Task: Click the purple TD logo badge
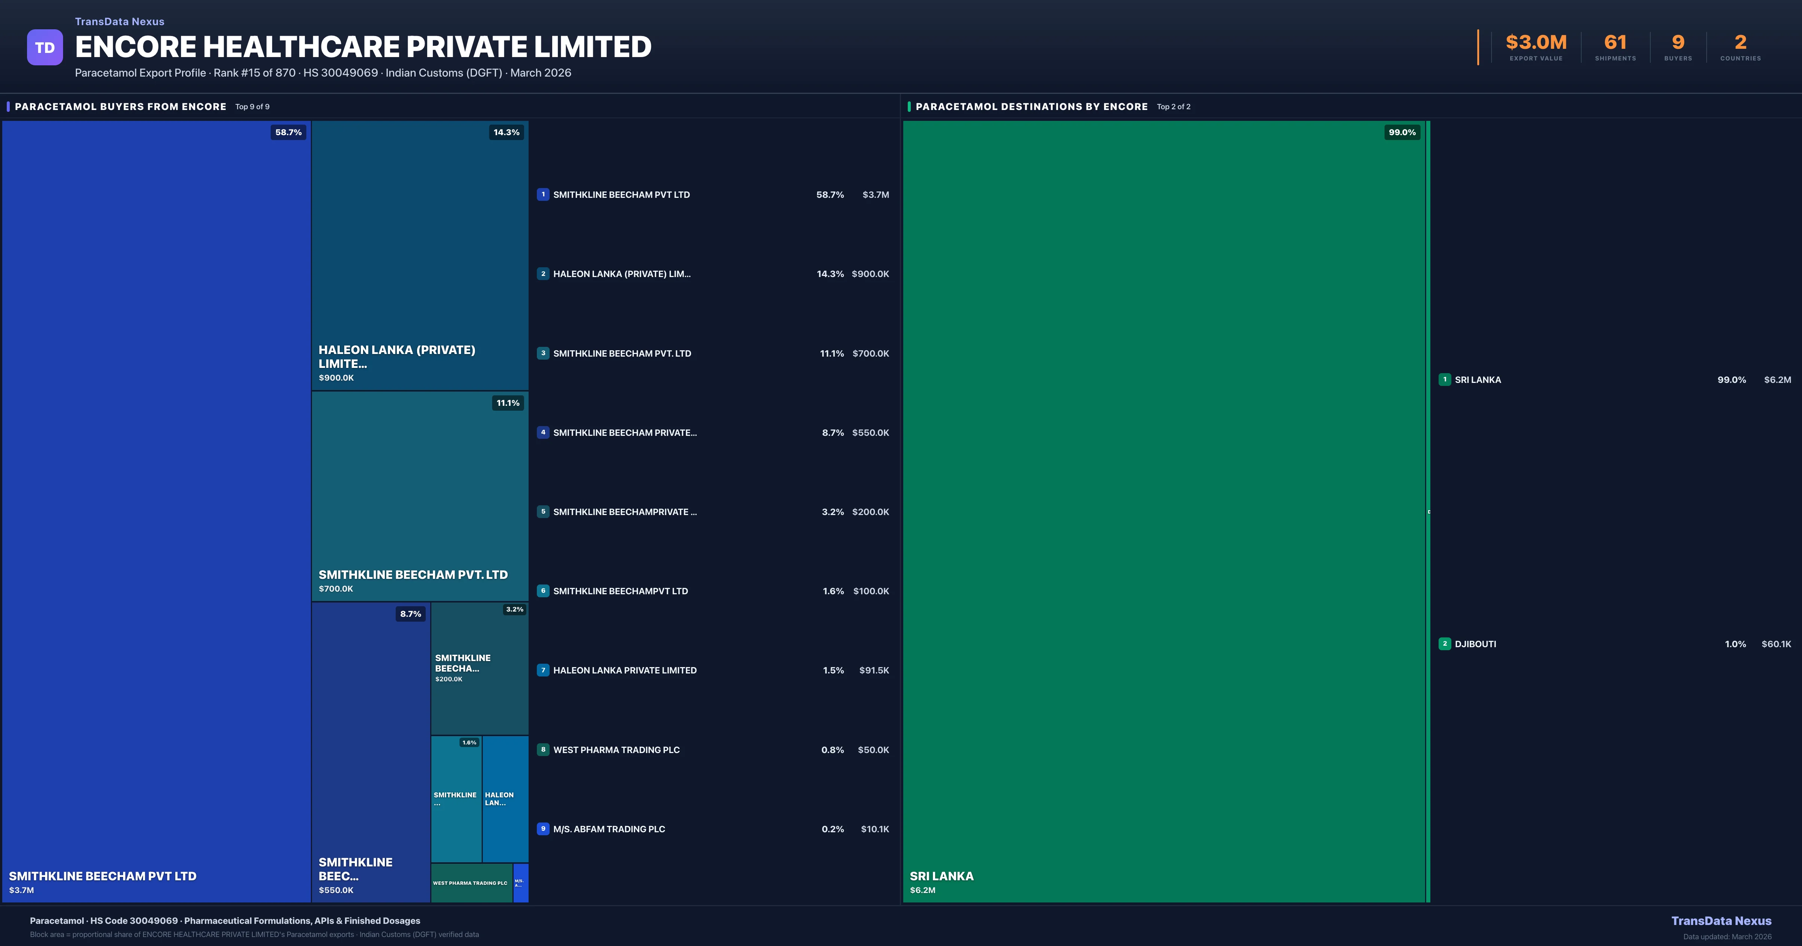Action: click(x=45, y=48)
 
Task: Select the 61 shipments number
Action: click(x=1615, y=43)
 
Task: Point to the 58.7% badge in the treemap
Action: click(x=288, y=132)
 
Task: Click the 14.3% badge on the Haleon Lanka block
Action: click(x=506, y=132)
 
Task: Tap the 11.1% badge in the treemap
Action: click(x=508, y=403)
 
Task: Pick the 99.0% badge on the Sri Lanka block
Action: click(x=1402, y=132)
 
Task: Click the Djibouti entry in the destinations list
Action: click(x=1475, y=644)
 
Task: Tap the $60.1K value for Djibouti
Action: click(x=1776, y=644)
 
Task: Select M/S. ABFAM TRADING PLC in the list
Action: click(x=609, y=829)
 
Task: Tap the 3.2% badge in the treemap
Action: click(x=515, y=609)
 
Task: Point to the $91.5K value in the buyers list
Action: click(x=874, y=670)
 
